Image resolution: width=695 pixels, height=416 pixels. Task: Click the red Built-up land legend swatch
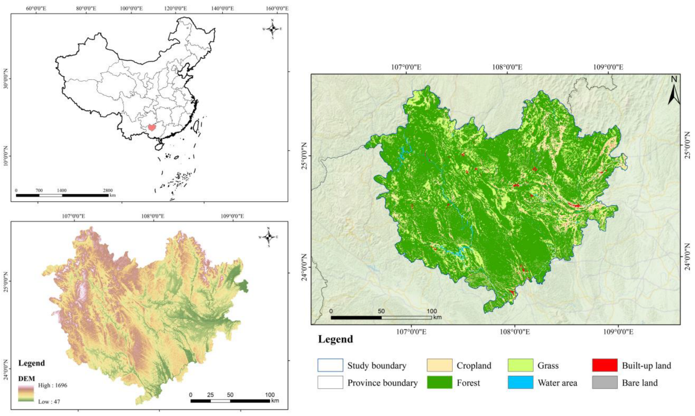[x=604, y=365]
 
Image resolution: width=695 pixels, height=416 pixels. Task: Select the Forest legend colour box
[x=439, y=382]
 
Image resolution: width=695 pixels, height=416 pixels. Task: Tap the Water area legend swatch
[x=520, y=382]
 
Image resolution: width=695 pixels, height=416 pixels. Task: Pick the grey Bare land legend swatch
[x=604, y=382]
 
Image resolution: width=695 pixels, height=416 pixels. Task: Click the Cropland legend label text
[x=473, y=366]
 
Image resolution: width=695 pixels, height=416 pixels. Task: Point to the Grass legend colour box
[x=520, y=365]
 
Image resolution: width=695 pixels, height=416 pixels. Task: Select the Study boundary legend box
[x=330, y=365]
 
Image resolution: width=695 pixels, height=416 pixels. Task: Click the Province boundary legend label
[x=382, y=383]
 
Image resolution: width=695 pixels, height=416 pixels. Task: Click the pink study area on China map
[x=152, y=127]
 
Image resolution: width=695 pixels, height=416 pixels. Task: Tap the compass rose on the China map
[x=272, y=29]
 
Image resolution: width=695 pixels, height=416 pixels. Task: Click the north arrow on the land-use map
[x=674, y=91]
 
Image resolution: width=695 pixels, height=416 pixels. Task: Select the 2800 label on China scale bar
[x=108, y=190]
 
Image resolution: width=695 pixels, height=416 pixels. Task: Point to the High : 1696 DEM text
[x=53, y=385]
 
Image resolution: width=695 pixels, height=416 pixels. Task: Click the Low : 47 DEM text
[x=49, y=401]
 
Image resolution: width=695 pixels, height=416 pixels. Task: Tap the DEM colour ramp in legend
[x=26, y=393]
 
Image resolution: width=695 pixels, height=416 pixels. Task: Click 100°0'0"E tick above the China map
[x=131, y=8]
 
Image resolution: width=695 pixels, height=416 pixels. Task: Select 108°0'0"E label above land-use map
[x=507, y=67]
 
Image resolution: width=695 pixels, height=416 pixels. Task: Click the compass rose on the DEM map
[x=268, y=237]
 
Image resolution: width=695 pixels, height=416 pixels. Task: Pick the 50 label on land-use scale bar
[x=381, y=311]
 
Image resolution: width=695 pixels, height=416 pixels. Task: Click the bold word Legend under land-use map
[x=335, y=339]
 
